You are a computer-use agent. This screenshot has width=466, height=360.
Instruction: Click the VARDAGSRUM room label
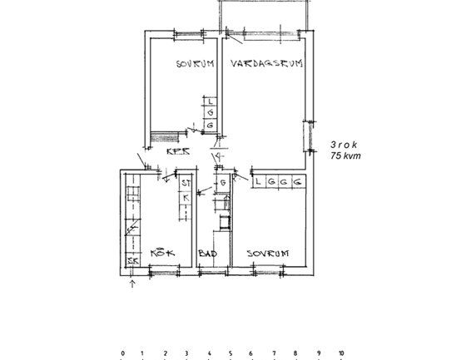(265, 63)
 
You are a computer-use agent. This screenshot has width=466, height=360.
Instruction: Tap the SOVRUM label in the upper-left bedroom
(196, 64)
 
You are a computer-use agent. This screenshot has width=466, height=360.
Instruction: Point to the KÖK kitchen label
(161, 253)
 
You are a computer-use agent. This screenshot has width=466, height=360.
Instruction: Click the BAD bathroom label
(207, 253)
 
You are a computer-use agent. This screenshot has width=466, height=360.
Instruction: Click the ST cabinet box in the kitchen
(186, 183)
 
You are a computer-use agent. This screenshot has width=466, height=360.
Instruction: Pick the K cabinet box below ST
(186, 198)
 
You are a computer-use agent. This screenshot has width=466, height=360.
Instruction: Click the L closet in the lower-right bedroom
(260, 180)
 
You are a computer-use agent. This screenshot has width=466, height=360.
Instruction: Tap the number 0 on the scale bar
(122, 353)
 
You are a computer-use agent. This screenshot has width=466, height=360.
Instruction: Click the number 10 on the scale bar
(340, 353)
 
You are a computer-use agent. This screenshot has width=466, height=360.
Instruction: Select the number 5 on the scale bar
(231, 353)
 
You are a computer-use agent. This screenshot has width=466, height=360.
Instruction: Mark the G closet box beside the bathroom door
(223, 183)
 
